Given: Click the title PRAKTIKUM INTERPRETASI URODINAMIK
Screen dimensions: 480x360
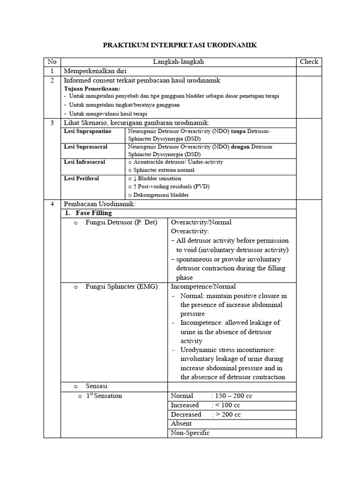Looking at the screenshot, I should (x=180, y=45).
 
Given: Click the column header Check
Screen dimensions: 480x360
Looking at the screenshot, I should (x=309, y=62).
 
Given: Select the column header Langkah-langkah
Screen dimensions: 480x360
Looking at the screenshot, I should (x=178, y=62).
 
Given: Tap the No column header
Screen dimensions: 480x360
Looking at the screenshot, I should (x=52, y=62).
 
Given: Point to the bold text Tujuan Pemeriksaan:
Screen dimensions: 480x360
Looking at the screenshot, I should (x=92, y=89).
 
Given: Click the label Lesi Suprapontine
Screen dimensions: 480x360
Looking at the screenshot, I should (x=88, y=131).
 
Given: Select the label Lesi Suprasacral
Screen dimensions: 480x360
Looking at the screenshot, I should (x=86, y=147).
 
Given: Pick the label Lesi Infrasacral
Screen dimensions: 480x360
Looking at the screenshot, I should (x=84, y=162).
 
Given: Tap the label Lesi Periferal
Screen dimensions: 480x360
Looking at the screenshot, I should (x=82, y=179).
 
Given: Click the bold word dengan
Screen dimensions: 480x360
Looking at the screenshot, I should (x=240, y=147).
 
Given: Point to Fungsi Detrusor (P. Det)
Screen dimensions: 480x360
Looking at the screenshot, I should (x=121, y=222).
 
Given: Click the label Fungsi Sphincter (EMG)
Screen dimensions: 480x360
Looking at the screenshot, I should (x=121, y=286).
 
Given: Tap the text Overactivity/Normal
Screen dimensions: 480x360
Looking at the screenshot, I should (x=201, y=222).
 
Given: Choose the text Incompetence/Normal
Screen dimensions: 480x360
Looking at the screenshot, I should (x=203, y=286).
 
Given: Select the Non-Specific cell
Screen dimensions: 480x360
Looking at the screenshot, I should (x=190, y=433).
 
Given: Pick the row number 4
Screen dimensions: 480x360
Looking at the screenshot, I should (x=52, y=204).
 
